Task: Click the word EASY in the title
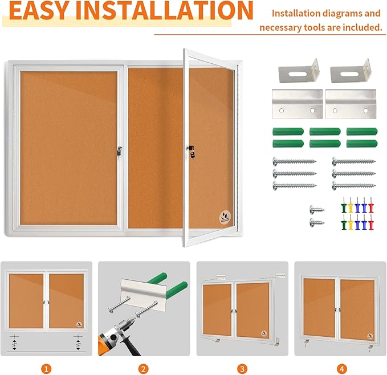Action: click(40, 11)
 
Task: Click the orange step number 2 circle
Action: click(144, 369)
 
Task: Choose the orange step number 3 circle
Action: click(242, 369)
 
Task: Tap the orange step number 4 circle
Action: click(340, 369)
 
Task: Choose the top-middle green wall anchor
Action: click(325, 131)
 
